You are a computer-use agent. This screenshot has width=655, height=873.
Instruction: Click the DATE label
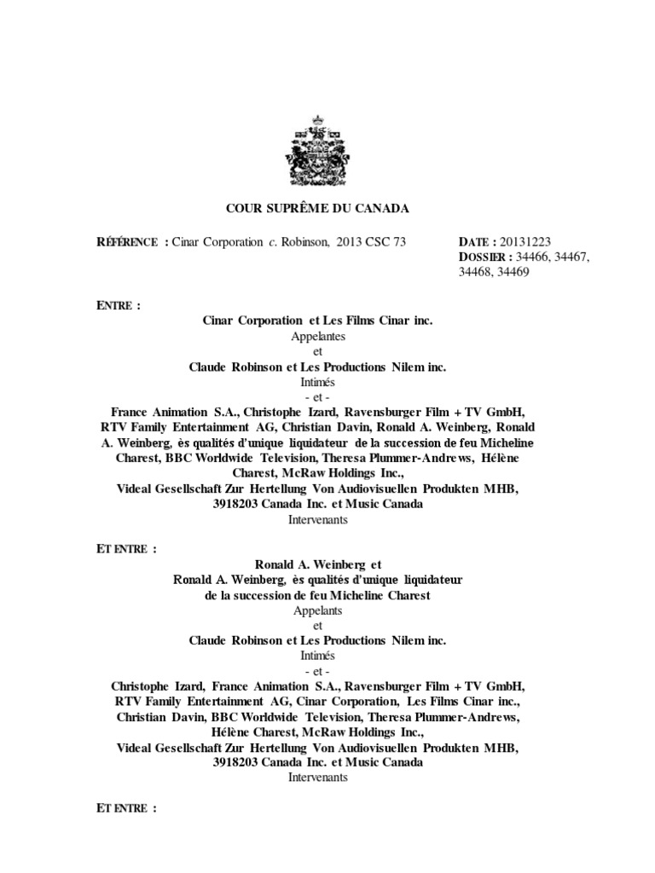(474, 242)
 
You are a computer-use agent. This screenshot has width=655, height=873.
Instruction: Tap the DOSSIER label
(484, 257)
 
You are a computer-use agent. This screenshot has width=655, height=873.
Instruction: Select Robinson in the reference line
(306, 242)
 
